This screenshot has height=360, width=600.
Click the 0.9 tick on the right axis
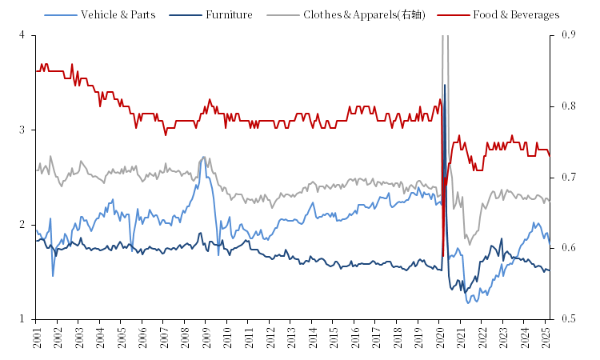coord(568,35)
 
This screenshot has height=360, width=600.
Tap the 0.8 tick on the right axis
coord(568,106)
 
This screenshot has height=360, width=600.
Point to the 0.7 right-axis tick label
coord(568,177)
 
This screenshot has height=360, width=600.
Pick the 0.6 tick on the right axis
coord(568,248)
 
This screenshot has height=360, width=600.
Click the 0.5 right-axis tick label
coord(568,319)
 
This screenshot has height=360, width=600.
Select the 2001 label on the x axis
coord(37,338)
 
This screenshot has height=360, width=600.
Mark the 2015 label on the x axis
coord(332,338)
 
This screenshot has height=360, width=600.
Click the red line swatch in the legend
coord(459,14)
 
